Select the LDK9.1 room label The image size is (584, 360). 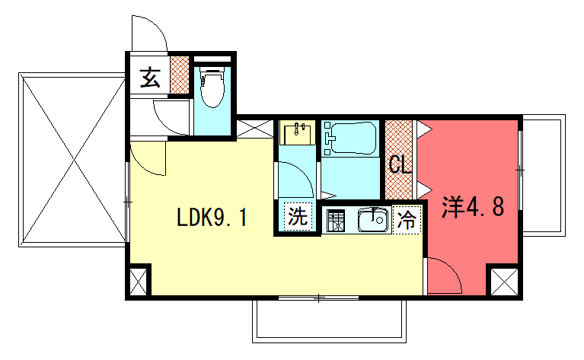click(x=211, y=219)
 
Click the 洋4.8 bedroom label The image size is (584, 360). click(x=473, y=207)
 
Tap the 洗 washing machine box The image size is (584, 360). click(x=298, y=216)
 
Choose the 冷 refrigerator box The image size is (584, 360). click(x=407, y=221)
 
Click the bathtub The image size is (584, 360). click(x=350, y=139)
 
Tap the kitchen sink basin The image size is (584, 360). click(x=374, y=221)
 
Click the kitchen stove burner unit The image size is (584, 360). click(x=336, y=221)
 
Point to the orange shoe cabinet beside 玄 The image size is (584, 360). click(x=179, y=75)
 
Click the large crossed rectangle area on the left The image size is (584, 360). click(x=72, y=160)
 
